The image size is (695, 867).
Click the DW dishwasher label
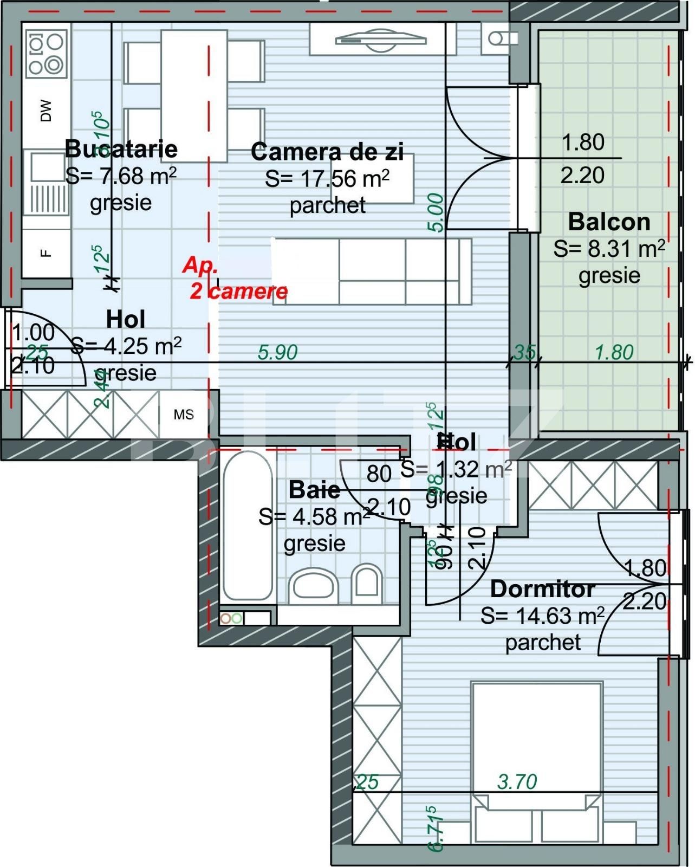[47, 111]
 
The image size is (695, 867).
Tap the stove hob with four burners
[46, 53]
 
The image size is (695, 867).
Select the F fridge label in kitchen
[47, 253]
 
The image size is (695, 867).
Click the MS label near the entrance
[184, 415]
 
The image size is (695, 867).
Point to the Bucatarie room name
[121, 148]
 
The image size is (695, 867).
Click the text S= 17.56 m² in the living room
[327, 179]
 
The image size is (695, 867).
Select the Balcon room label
[609, 222]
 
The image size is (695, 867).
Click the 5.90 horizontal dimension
[278, 353]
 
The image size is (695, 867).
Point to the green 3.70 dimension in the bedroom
[517, 781]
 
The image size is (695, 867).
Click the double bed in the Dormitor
[536, 759]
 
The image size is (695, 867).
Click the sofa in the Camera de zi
[372, 271]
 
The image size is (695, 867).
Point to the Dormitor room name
[543, 589]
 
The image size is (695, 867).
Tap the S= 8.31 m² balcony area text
[609, 249]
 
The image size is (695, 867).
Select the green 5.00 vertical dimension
[437, 213]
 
